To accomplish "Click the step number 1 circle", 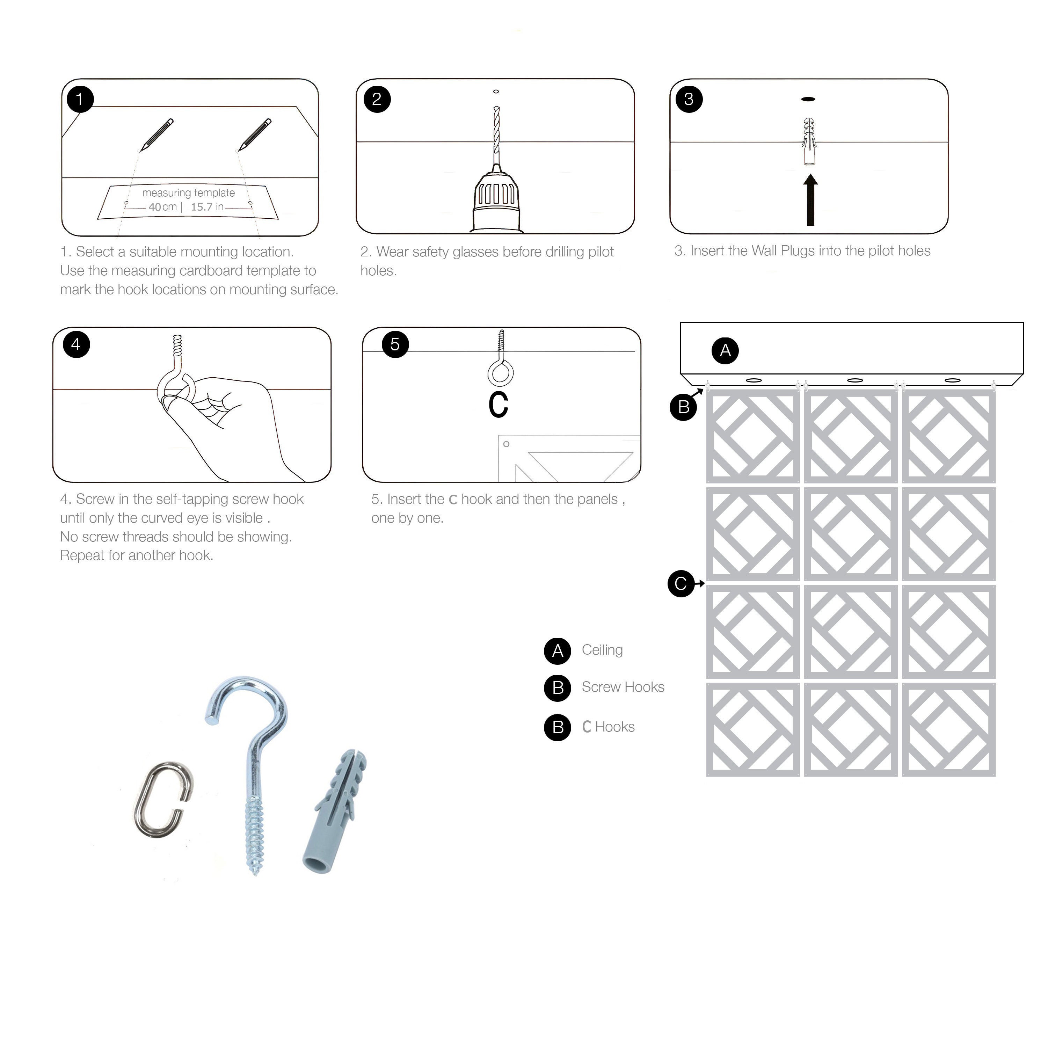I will (80, 99).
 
